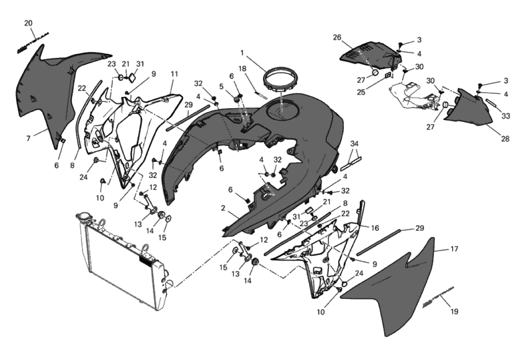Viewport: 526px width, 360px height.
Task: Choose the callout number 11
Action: click(x=174, y=74)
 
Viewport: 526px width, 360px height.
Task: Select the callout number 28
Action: click(x=505, y=139)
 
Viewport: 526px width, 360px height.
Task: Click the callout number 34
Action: click(x=354, y=143)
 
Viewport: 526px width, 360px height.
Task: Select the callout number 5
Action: click(x=222, y=86)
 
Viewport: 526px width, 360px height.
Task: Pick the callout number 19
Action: click(x=454, y=311)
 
